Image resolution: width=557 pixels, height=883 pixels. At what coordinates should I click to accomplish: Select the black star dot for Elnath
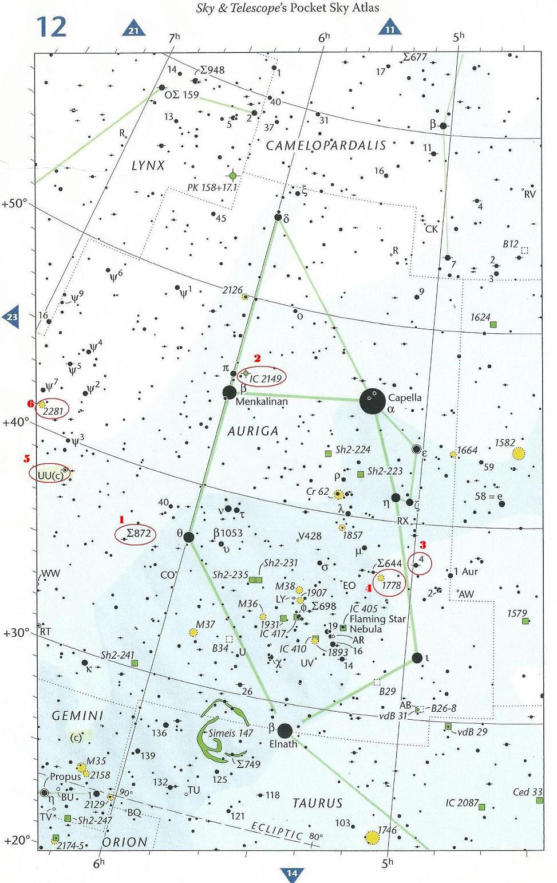(x=285, y=730)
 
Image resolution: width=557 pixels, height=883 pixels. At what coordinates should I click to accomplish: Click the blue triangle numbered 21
(x=133, y=30)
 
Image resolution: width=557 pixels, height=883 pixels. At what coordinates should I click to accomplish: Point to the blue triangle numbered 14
(x=291, y=873)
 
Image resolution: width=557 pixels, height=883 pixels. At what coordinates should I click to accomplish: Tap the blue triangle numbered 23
(x=12, y=317)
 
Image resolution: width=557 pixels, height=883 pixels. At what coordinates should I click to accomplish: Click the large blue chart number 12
(x=52, y=27)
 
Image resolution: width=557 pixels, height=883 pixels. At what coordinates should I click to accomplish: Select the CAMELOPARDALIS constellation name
(x=326, y=145)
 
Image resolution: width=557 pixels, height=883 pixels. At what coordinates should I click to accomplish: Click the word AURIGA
(x=253, y=431)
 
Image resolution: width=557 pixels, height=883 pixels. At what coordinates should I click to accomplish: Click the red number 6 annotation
(x=30, y=403)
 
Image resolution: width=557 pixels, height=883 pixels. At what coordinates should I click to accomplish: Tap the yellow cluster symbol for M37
(x=193, y=632)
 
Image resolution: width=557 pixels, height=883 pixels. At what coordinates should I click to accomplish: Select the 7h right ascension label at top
(x=174, y=38)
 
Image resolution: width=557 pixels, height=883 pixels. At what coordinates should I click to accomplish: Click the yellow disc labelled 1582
(x=519, y=454)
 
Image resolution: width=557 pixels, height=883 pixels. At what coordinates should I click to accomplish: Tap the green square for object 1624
(x=493, y=324)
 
